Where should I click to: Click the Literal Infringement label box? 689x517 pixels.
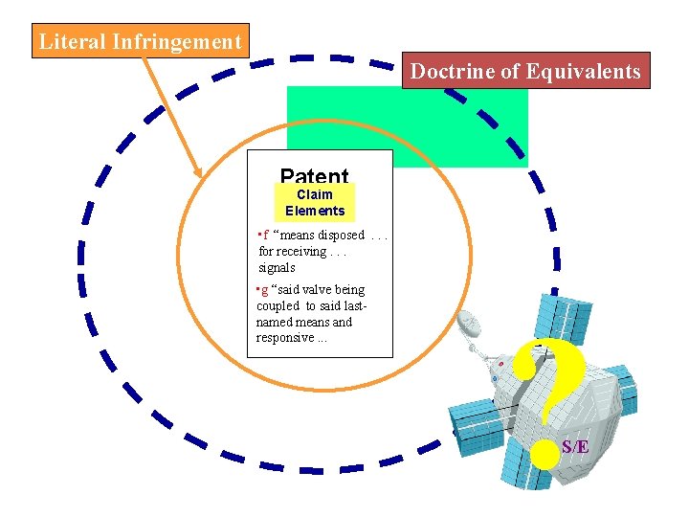140,42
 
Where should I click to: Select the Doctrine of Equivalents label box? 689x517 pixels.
525,71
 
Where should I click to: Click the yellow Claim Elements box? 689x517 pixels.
315,203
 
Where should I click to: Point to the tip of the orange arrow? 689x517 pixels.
201,175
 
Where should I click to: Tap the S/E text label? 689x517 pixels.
575,446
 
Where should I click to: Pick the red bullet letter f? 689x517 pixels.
265,236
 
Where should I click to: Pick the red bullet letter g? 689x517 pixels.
265,289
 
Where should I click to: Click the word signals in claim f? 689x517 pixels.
278,268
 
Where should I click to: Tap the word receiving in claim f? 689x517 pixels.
303,252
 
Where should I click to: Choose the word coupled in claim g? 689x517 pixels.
278,305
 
